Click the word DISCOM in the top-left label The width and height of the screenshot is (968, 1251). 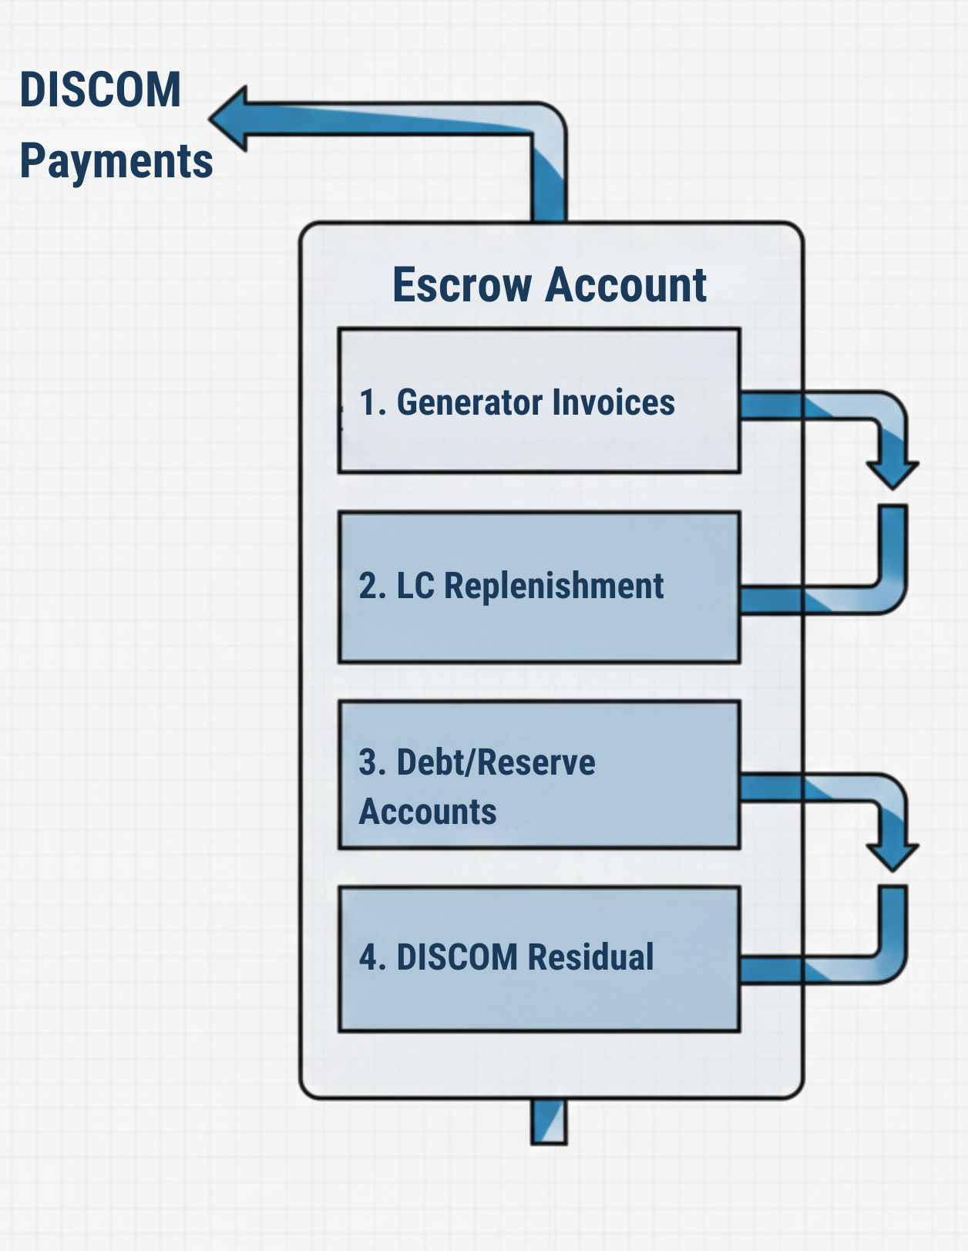pos(100,89)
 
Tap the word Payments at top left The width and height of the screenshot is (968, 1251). pos(116,161)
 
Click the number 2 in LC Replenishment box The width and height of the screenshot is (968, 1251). pos(368,586)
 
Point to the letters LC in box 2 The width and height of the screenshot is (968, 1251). pos(415,586)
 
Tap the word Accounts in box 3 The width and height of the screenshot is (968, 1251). pos(428,812)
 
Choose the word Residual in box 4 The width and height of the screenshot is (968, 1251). pos(590,957)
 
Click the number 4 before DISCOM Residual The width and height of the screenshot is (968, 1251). pos(368,957)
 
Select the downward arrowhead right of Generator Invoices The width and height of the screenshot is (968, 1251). pos(892,472)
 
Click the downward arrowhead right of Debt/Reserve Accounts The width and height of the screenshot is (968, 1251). pos(892,854)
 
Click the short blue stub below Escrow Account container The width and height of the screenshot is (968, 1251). pos(549,1122)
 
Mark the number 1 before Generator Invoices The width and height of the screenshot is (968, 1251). pos(368,402)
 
